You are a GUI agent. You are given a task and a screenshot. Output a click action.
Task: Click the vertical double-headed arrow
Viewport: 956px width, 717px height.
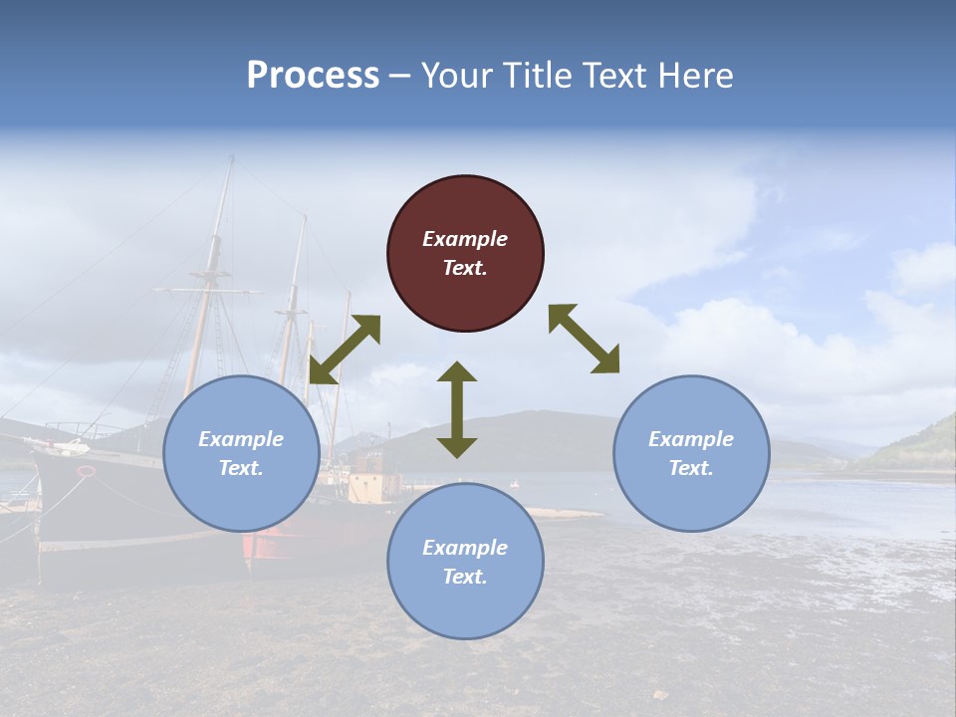457,409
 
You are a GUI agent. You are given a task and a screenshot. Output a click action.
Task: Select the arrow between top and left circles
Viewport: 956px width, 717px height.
345,350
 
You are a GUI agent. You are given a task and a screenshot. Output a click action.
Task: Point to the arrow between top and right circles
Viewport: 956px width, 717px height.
584,339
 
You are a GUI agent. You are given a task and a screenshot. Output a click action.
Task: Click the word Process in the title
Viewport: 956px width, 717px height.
313,76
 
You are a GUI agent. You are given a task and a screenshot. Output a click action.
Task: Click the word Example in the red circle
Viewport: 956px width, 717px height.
465,239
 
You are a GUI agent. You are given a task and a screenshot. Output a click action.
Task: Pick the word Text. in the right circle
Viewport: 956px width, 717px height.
691,468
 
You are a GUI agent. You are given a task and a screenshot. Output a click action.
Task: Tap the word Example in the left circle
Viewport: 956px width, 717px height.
241,439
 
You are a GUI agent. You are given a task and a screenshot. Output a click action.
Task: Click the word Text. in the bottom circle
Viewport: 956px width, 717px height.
465,577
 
